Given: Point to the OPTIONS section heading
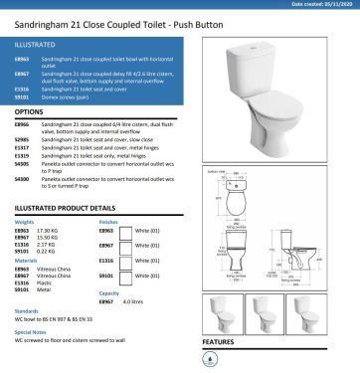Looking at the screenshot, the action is click(30, 112).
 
